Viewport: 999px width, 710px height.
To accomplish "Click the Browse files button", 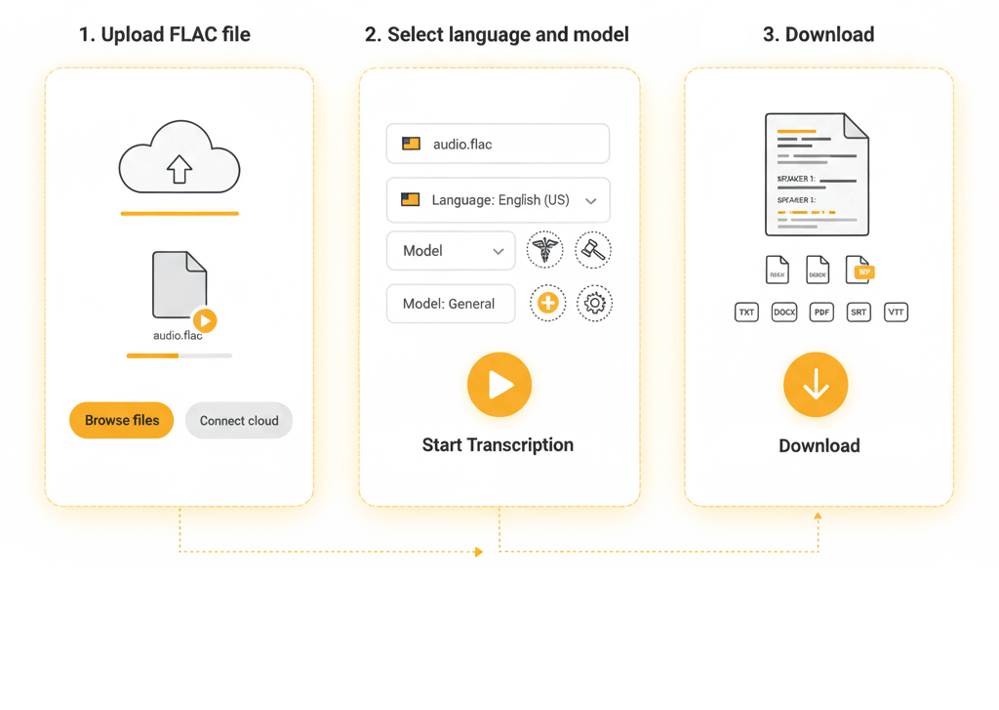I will tap(121, 421).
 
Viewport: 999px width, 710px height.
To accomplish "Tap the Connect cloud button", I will tap(239, 421).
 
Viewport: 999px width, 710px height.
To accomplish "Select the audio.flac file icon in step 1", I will tap(180, 285).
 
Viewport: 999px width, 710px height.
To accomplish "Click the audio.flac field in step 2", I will tap(498, 144).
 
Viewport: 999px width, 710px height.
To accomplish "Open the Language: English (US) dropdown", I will tap(498, 200).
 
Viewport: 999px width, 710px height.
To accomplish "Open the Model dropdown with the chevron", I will tap(451, 251).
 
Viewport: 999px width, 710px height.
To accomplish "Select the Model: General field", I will tap(451, 304).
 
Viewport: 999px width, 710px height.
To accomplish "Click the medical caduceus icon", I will tap(544, 250).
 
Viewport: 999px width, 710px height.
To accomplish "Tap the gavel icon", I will tap(593, 250).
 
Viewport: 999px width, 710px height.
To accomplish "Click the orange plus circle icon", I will tap(548, 303).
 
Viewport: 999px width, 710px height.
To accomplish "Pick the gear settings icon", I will tap(594, 303).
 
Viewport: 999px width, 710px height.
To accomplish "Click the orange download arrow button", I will tap(816, 386).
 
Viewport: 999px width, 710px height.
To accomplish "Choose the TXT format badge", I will tap(746, 313).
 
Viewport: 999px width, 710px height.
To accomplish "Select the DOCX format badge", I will tap(784, 313).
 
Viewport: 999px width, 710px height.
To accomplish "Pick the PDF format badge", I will tap(821, 313).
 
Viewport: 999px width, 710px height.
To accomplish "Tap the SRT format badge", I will tap(859, 313).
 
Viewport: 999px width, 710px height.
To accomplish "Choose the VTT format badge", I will tap(896, 313).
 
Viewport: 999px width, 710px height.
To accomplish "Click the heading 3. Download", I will tap(819, 35).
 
